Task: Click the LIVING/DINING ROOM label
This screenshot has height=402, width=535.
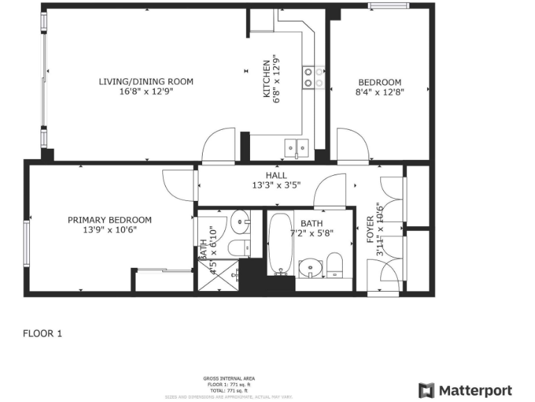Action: tap(146, 82)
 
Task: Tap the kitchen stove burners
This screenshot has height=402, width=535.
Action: tap(313, 77)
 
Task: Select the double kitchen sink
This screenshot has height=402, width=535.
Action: tap(297, 147)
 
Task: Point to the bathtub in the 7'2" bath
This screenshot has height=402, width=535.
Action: tap(281, 244)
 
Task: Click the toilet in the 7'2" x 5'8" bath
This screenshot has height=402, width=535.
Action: tap(335, 265)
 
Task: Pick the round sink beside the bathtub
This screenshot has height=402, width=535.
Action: tap(308, 268)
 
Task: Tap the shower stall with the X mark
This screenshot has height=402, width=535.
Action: tap(218, 275)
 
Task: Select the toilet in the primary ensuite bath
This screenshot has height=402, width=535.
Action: tap(238, 246)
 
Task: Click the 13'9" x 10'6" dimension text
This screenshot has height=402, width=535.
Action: tap(109, 230)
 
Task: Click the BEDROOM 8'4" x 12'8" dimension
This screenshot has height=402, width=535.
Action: tap(380, 91)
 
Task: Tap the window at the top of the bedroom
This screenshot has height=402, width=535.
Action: tap(390, 7)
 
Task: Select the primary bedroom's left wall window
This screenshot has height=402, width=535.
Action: tap(27, 243)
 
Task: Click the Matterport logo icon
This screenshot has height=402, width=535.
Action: tap(426, 390)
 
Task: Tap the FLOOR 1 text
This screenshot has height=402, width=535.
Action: tap(42, 334)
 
